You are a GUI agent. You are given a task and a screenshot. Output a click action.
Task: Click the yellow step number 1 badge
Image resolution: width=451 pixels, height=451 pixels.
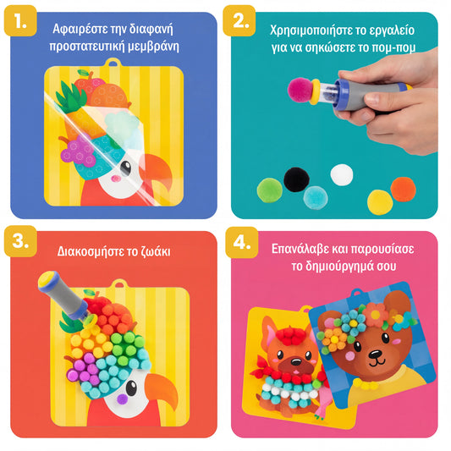pyautogui.click(x=20, y=20)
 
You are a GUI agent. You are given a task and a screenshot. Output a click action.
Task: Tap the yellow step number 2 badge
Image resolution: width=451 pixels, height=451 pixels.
pyautogui.click(x=239, y=20)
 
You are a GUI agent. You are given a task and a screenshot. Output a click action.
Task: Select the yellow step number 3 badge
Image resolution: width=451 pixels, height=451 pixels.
pyautogui.click(x=20, y=241)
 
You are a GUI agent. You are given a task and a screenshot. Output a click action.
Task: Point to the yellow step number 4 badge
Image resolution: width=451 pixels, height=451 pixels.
pyautogui.click(x=242, y=242)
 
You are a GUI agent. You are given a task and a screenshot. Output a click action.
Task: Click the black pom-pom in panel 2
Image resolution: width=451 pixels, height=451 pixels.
pyautogui.click(x=296, y=179)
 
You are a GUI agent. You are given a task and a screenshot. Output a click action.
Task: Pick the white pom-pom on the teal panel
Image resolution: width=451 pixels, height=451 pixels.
pyautogui.click(x=341, y=174)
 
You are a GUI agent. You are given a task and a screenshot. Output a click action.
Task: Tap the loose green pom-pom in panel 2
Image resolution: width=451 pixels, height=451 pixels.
pyautogui.click(x=270, y=190)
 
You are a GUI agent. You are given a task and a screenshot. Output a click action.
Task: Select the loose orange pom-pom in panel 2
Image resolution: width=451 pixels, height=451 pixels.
pyautogui.click(x=403, y=190)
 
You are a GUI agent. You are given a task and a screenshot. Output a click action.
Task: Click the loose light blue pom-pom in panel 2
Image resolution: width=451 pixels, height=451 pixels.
pyautogui.click(x=316, y=198)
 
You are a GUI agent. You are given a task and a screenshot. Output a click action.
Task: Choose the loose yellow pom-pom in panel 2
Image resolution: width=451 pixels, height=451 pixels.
pyautogui.click(x=380, y=202)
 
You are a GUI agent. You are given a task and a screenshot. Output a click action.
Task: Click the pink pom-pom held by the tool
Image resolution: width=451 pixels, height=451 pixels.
pyautogui.click(x=300, y=90)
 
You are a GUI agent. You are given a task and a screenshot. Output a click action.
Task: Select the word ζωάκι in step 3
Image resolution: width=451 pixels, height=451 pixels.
pyautogui.click(x=156, y=251)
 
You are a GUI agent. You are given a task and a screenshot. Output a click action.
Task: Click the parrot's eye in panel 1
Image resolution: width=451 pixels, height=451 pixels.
pyautogui.click(x=125, y=168)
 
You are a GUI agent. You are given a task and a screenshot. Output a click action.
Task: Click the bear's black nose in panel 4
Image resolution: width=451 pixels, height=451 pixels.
pyautogui.click(x=375, y=354)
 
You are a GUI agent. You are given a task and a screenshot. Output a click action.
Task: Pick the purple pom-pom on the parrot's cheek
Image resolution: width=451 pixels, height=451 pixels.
pyautogui.click(x=122, y=399)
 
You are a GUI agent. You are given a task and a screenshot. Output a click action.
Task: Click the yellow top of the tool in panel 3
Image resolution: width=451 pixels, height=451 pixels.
pyautogui.click(x=47, y=279)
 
